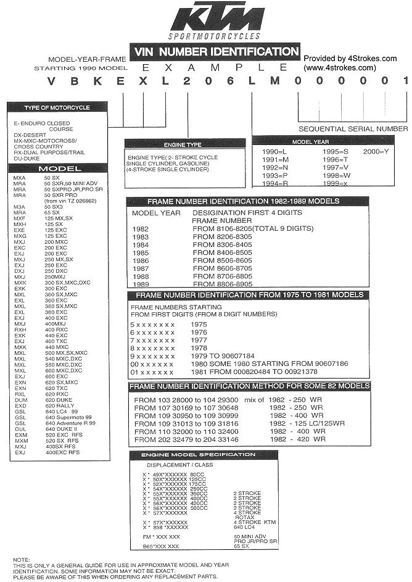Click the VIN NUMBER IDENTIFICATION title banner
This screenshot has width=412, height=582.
(x=215, y=52)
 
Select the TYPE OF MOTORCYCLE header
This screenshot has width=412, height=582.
(x=56, y=107)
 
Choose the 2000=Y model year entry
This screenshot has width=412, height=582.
(x=376, y=151)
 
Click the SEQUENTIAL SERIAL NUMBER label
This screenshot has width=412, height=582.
(x=353, y=129)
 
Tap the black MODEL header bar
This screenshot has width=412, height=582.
(x=56, y=168)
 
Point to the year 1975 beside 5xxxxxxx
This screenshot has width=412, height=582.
(x=199, y=323)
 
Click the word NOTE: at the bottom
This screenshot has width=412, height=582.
(x=22, y=560)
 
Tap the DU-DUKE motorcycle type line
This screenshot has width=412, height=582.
(x=27, y=157)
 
